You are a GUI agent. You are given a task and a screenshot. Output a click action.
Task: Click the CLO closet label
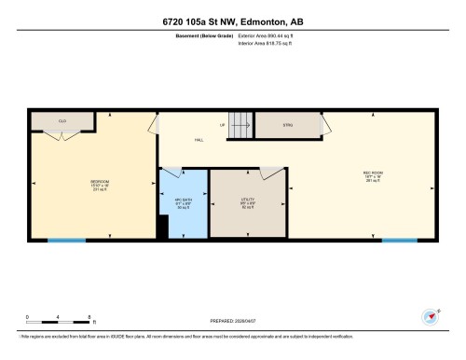[x=62, y=121]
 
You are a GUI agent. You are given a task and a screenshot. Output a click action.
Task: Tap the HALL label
[x=199, y=140]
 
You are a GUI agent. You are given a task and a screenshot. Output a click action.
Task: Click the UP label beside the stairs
[x=223, y=124]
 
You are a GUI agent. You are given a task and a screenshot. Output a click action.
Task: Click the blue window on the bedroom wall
[x=66, y=241]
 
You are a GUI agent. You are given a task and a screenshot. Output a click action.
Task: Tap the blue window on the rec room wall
[x=400, y=241]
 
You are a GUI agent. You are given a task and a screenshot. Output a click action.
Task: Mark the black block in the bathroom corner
[x=163, y=228]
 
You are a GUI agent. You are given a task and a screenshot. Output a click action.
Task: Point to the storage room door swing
[x=325, y=125]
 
